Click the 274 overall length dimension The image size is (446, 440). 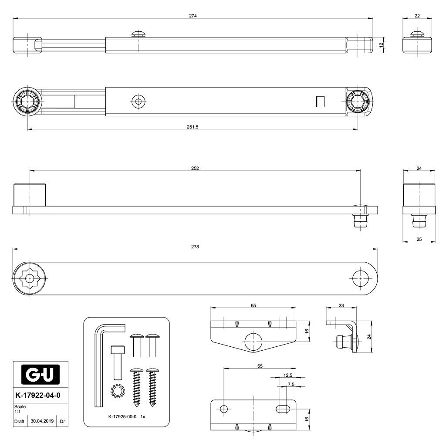(193, 16)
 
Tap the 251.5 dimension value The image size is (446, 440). (193, 127)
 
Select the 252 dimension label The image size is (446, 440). (195, 169)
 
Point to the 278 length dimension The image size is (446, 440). (195, 247)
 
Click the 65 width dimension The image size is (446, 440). (253, 306)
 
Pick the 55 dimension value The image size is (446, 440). (260, 366)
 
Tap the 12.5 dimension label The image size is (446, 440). (288, 376)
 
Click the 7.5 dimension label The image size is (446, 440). (291, 385)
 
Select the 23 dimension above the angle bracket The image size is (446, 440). (341, 306)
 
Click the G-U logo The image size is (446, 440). (41, 375)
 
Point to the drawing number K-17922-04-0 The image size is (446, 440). (38, 395)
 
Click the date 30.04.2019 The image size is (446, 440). (42, 421)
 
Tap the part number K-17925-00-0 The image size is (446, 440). (122, 416)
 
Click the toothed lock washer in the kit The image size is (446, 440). (118, 391)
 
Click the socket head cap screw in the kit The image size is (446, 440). (118, 362)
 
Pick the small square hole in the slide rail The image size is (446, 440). (320, 102)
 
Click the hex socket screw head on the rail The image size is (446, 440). (139, 102)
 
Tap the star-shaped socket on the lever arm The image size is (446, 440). (30, 278)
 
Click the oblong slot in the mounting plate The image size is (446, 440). (283, 409)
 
